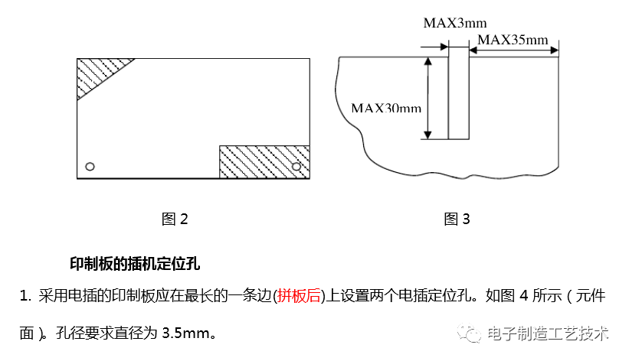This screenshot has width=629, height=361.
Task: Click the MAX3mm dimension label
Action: pyautogui.click(x=454, y=23)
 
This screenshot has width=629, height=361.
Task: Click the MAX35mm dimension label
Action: pyautogui.click(x=512, y=40)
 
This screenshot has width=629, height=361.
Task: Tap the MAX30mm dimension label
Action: pyautogui.click(x=386, y=108)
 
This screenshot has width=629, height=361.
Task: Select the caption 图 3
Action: pyautogui.click(x=457, y=220)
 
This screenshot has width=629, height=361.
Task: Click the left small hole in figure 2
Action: pyautogui.click(x=90, y=166)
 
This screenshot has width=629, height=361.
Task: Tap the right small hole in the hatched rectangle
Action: pyautogui.click(x=296, y=166)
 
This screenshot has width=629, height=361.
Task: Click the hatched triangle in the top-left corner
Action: pyautogui.click(x=96, y=74)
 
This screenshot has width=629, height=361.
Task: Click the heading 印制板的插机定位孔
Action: pyautogui.click(x=135, y=264)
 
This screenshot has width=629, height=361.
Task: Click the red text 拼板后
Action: pyautogui.click(x=299, y=295)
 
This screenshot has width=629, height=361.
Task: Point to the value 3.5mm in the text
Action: pyautogui.click(x=187, y=333)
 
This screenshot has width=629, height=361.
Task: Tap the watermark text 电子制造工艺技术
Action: pyautogui.click(x=549, y=334)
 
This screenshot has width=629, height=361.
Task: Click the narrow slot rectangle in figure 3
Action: pyautogui.click(x=458, y=92)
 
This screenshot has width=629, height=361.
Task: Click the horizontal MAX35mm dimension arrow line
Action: pyautogui.click(x=513, y=51)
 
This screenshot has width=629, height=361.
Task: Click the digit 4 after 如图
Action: pyautogui.click(x=524, y=295)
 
